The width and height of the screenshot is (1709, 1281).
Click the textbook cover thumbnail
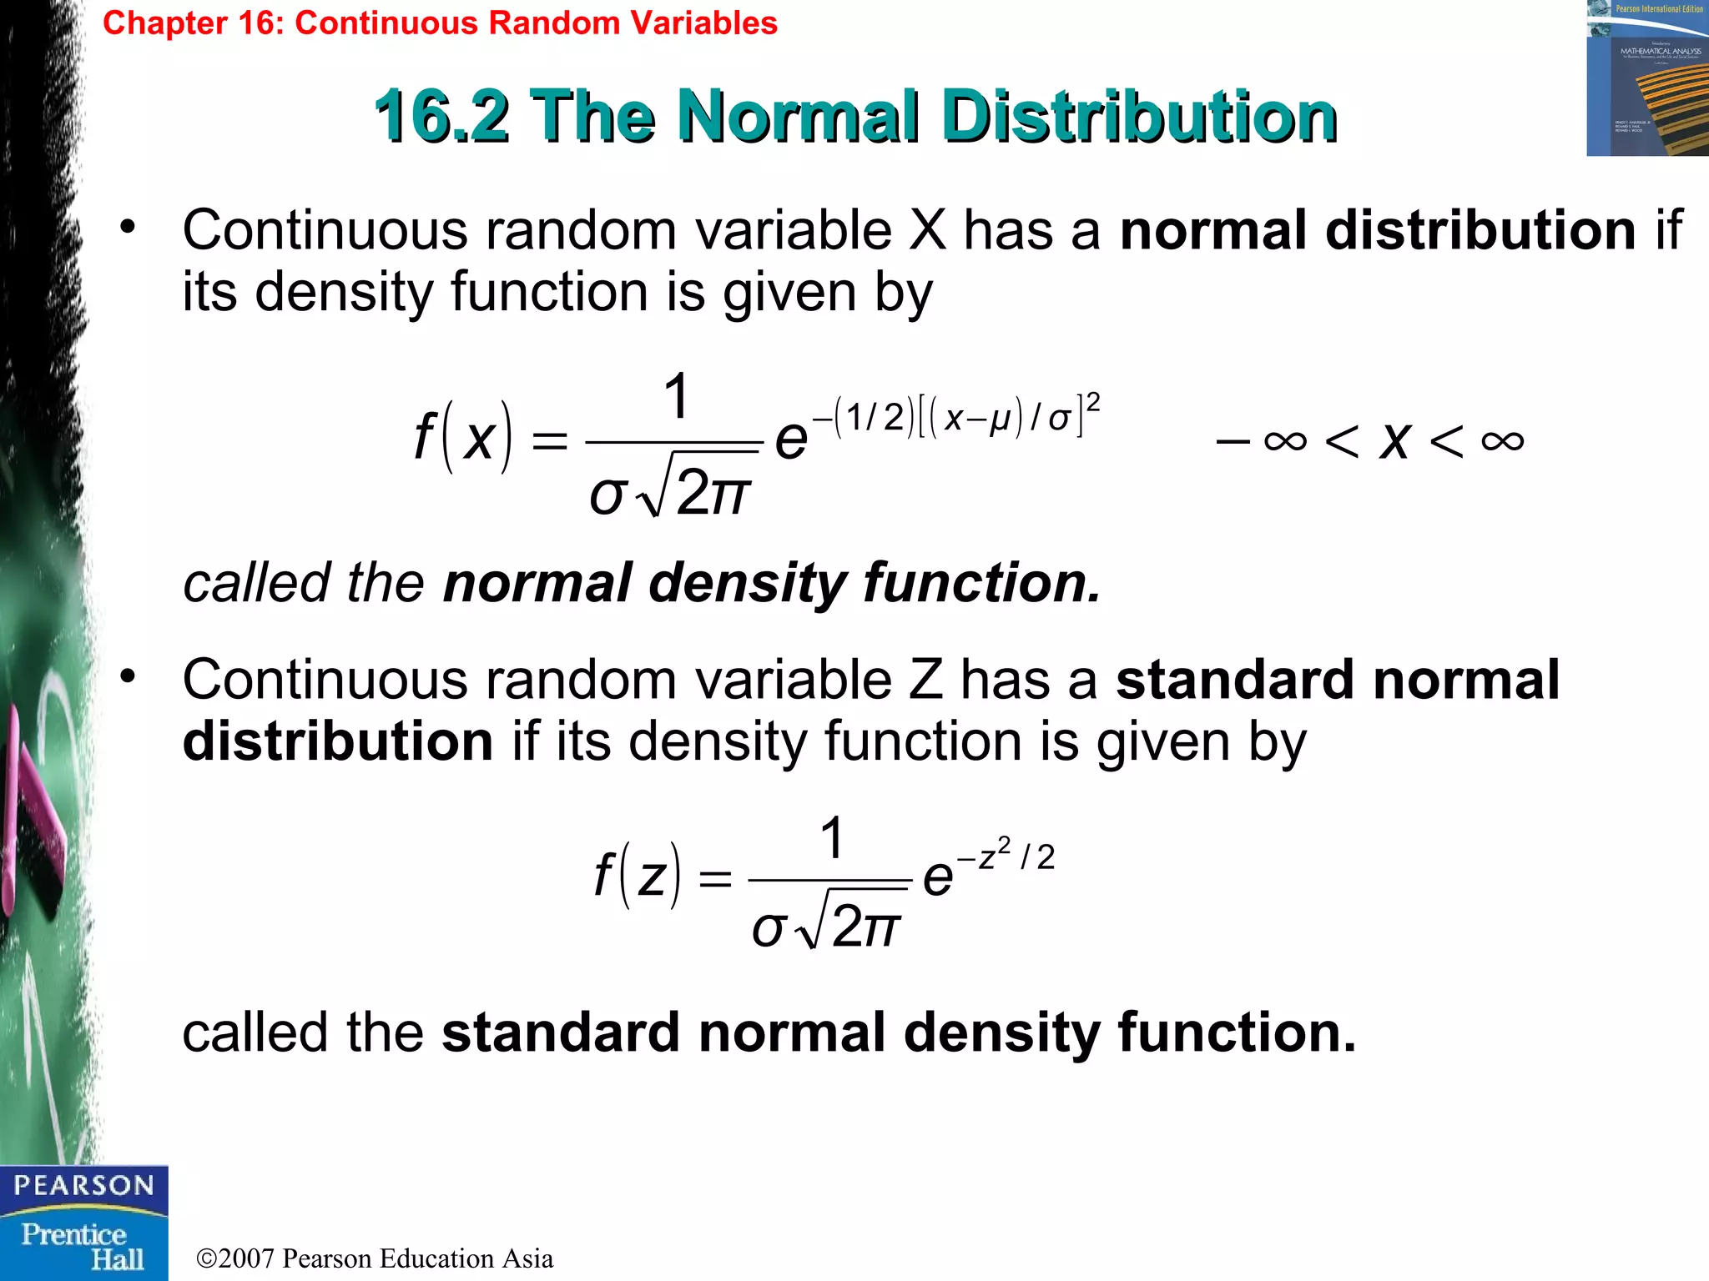point(1647,78)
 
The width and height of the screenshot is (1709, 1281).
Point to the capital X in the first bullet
point(927,230)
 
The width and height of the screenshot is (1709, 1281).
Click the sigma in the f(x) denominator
point(607,494)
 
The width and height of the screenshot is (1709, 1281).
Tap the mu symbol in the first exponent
point(1000,418)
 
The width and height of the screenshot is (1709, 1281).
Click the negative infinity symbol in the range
point(1285,440)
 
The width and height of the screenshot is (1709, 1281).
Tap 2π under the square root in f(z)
point(866,926)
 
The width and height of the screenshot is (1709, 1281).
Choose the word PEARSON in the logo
point(83,1185)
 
